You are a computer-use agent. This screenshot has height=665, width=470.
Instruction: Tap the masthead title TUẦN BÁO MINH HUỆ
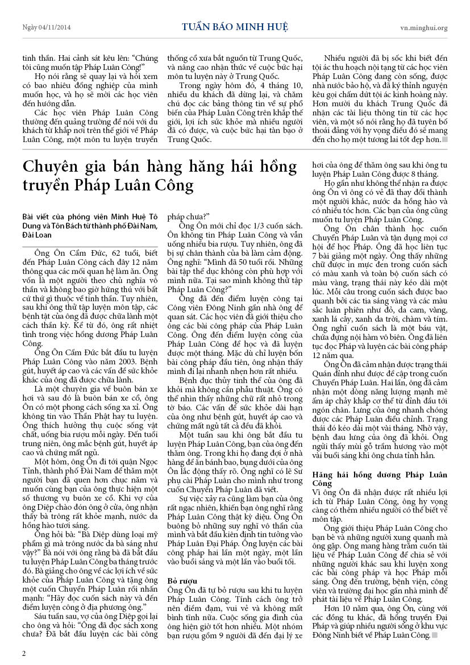click(x=235, y=27)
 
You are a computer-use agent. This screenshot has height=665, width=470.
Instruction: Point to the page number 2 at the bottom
click(x=24, y=653)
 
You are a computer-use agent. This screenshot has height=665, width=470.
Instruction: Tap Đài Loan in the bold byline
click(x=37, y=234)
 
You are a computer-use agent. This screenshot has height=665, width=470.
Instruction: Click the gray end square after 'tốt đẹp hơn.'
click(x=445, y=139)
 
